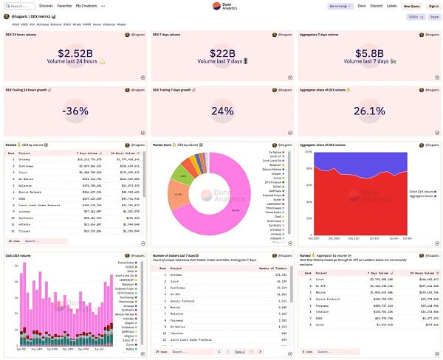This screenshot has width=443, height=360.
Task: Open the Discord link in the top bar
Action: coord(377,5)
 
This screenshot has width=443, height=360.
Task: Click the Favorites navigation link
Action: coord(64,5)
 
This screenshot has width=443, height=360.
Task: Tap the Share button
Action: coord(434,15)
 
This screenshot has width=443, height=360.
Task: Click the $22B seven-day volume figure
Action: coord(221,54)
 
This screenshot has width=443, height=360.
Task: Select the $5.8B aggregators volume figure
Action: coord(368,54)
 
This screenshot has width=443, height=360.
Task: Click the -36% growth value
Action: coord(75,111)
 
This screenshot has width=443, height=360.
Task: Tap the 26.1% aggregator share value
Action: coord(368,111)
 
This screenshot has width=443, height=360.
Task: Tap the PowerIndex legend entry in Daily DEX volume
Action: coord(126,262)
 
